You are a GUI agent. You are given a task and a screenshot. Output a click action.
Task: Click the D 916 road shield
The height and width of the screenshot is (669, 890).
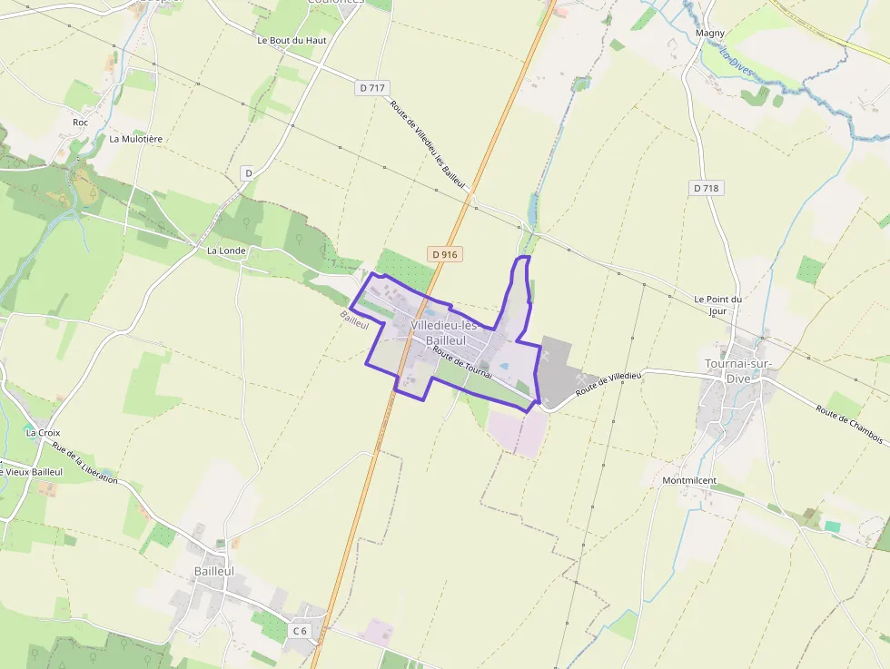(444, 255)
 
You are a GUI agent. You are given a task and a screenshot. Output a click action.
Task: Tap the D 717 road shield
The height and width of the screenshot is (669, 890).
(371, 88)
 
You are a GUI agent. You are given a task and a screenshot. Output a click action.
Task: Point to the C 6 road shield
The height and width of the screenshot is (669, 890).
(300, 630)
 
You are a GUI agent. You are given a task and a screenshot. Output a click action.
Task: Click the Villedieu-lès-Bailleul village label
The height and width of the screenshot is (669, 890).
(444, 332)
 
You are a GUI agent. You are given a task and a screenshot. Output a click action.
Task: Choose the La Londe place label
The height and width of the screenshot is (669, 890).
(226, 251)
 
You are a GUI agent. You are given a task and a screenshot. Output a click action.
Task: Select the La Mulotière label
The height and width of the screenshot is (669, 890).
(135, 139)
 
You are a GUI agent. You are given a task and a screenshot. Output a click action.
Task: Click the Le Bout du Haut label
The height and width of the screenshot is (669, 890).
(292, 41)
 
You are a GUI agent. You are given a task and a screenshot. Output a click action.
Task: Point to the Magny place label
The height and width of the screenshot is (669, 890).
(709, 34)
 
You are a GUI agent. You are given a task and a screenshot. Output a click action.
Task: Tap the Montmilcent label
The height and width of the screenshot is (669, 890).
(689, 480)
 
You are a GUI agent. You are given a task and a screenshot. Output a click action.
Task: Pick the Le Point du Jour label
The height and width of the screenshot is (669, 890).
(717, 305)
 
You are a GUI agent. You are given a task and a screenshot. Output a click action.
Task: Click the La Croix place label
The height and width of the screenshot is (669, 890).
(44, 433)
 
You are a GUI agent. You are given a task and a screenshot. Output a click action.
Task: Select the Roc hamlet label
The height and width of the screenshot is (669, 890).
(81, 122)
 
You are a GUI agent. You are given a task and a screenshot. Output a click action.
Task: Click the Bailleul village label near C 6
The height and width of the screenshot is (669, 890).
(213, 571)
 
